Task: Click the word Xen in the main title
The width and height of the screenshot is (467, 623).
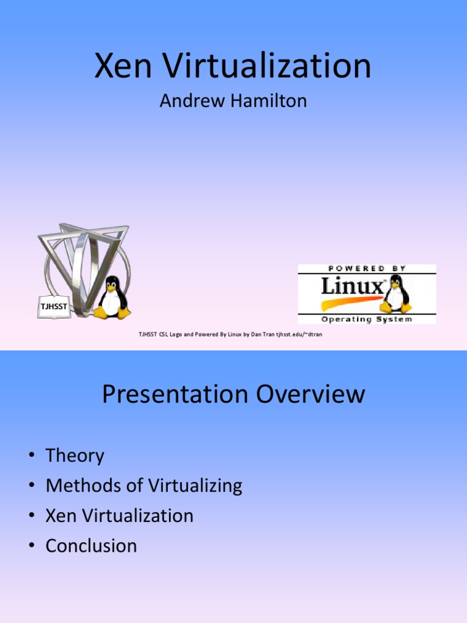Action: [122, 66]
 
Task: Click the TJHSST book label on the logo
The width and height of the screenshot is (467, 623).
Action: [54, 307]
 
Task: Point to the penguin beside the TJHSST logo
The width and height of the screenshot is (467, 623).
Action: [112, 298]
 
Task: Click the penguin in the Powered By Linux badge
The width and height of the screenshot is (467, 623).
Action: [396, 293]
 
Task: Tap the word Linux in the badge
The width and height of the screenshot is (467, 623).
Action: [352, 286]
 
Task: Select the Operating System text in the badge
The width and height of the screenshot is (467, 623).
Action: [366, 319]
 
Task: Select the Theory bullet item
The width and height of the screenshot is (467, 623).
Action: [75, 456]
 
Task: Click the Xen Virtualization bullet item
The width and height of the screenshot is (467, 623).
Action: [119, 515]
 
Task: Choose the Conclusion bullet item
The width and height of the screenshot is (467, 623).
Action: [91, 545]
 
